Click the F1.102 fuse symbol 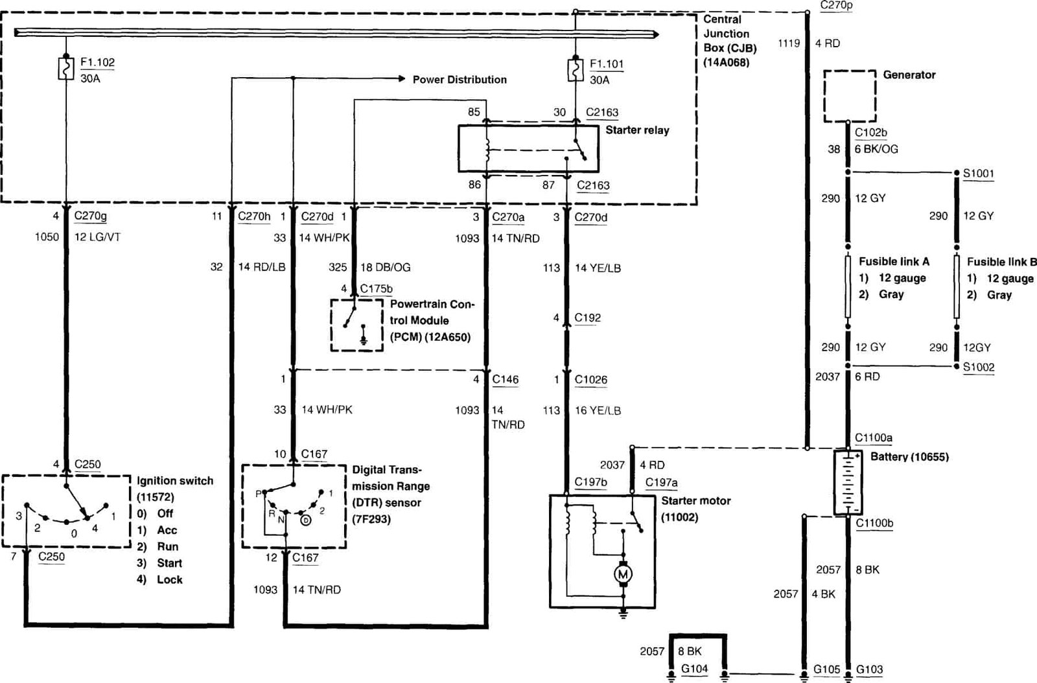pos(65,69)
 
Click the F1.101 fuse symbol pos(575,71)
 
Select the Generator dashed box pos(850,97)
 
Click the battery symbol pos(848,483)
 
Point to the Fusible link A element pos(848,287)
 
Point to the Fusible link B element pos(957,287)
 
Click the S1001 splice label pos(978,174)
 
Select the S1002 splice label pos(978,367)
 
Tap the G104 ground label pos(694,669)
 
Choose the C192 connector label pos(587,318)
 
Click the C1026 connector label pos(590,380)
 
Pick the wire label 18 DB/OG pos(385,268)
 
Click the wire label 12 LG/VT pos(98,237)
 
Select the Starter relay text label pos(637,130)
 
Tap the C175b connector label pos(376,289)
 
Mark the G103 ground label pos(869,669)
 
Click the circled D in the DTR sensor pos(305,520)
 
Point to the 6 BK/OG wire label pos(876,149)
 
